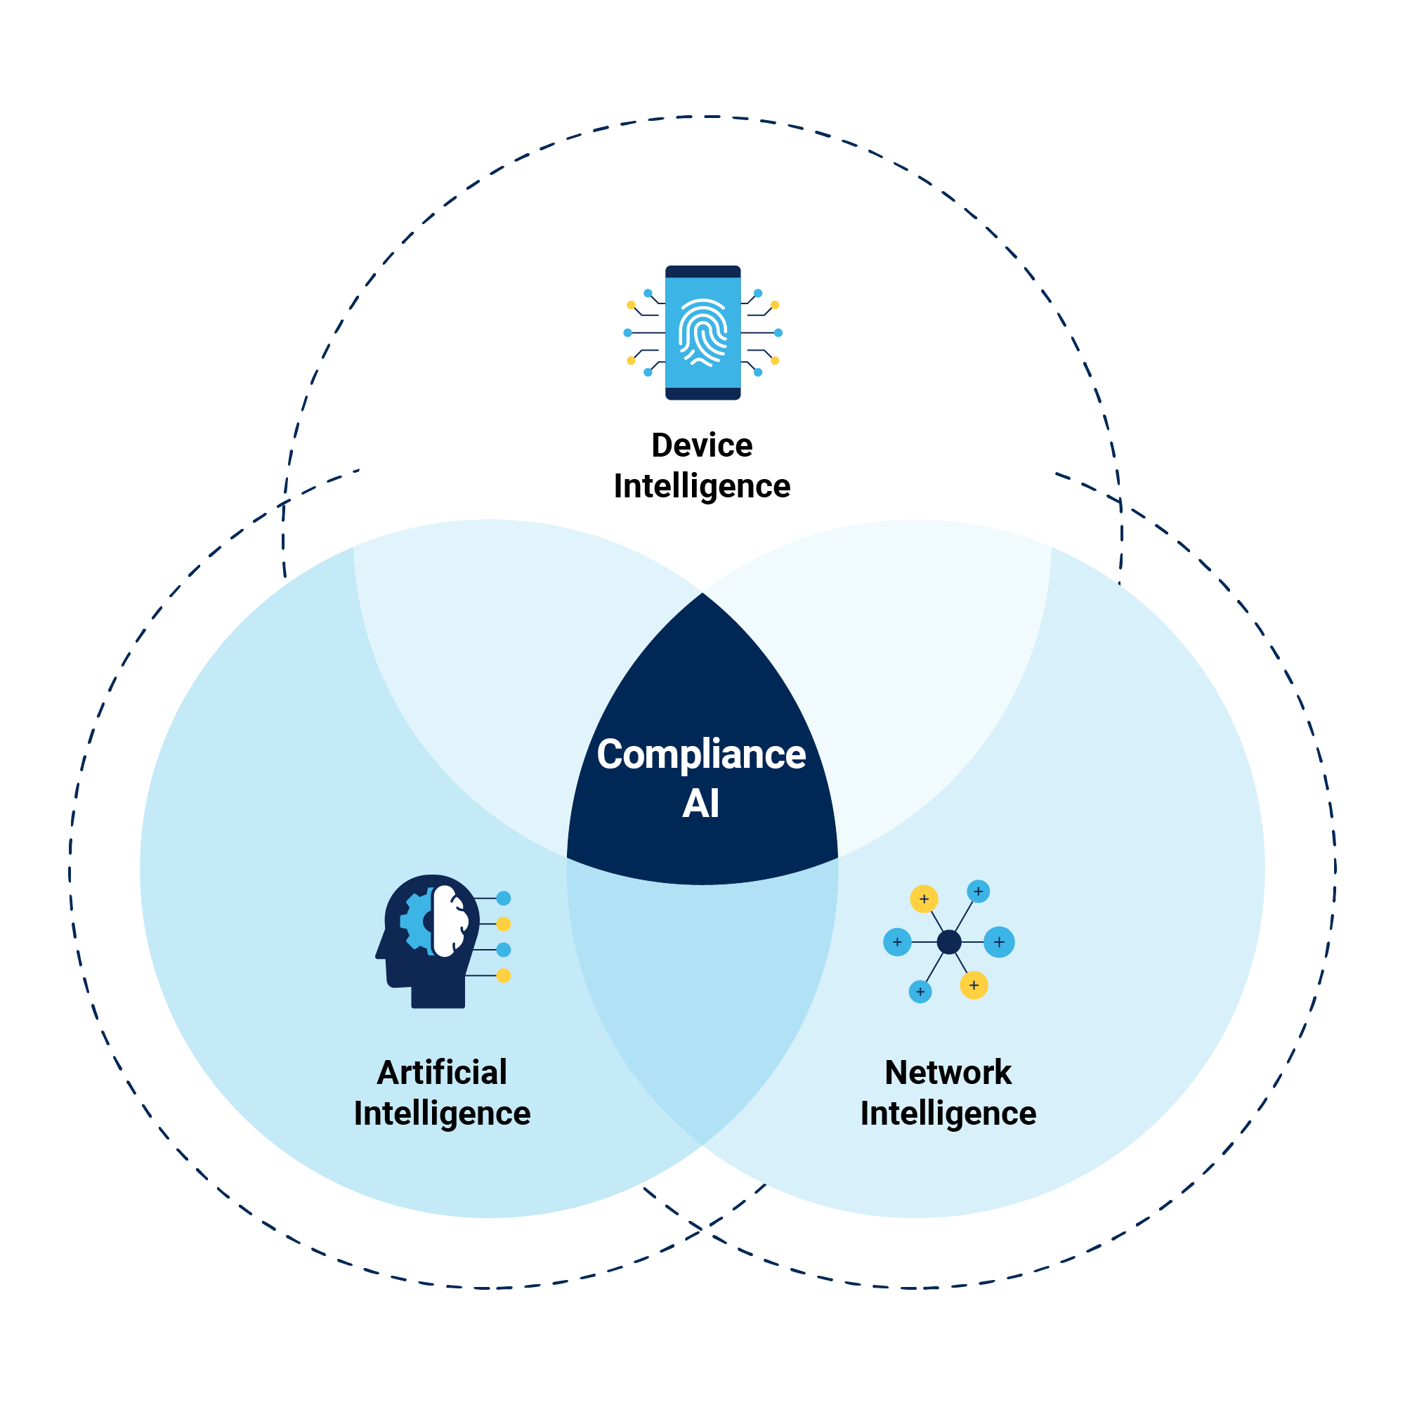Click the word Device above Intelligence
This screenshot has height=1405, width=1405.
pyautogui.click(x=702, y=445)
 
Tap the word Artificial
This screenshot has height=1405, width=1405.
pyautogui.click(x=442, y=1073)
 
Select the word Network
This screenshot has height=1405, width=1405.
pyautogui.click(x=948, y=1073)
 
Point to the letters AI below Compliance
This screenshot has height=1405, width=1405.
pyautogui.click(x=701, y=804)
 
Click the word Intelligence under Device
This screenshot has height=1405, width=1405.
pyautogui.click(x=702, y=486)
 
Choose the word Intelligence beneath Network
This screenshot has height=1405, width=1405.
pyautogui.click(x=948, y=1113)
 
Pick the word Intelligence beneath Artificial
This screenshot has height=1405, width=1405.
pyautogui.click(x=442, y=1113)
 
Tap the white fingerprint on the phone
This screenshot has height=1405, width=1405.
pyautogui.click(x=702, y=332)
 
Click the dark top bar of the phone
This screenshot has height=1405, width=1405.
pyautogui.click(x=702, y=272)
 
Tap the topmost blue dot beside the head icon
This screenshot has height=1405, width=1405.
pyautogui.click(x=503, y=898)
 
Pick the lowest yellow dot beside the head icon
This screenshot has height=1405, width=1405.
pyautogui.click(x=503, y=975)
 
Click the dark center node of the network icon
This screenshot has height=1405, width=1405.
pyautogui.click(x=949, y=942)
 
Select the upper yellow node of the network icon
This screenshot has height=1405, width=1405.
pyautogui.click(x=924, y=899)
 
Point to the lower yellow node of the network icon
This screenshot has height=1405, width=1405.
pyautogui.click(x=974, y=986)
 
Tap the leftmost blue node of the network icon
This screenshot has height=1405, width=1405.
pyautogui.click(x=897, y=942)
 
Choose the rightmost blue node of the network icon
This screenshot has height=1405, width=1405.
pyautogui.click(x=999, y=942)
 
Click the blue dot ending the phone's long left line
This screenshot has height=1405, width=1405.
pyautogui.click(x=627, y=332)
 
